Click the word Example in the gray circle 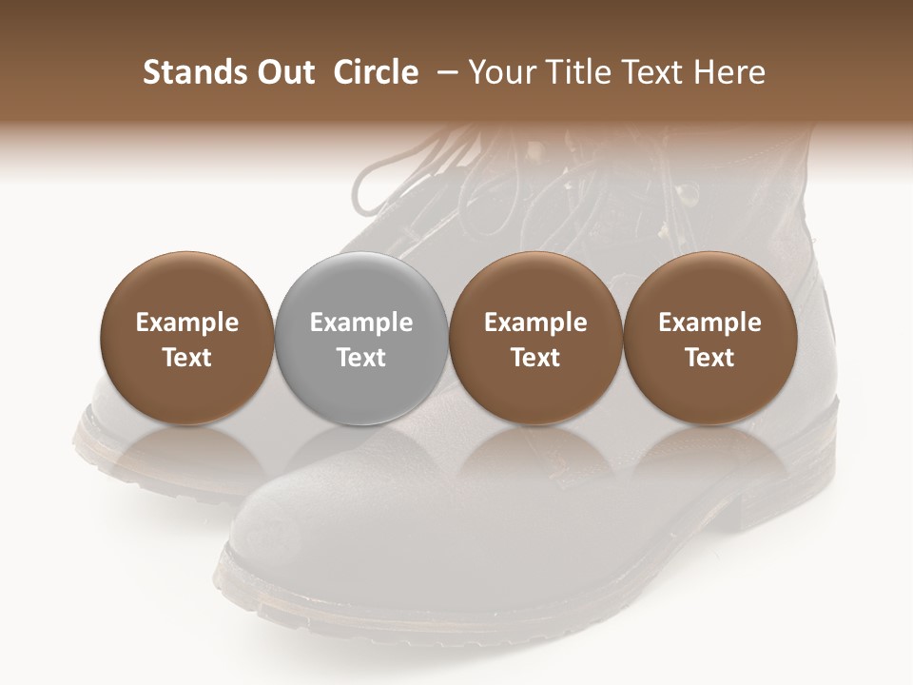361,323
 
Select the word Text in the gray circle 361,358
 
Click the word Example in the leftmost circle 187,323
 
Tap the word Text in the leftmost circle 187,358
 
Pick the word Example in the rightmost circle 710,323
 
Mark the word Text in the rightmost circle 710,358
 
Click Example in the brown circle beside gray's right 535,323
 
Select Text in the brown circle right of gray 535,358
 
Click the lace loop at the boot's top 380,181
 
